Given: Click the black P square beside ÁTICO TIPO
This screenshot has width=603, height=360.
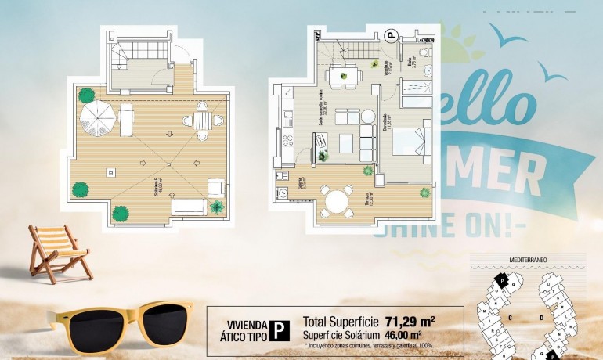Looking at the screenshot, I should pos(278,331).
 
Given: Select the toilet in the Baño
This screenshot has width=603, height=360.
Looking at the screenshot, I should pos(424,52).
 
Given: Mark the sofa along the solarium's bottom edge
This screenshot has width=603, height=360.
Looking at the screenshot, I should pos(188,207).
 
